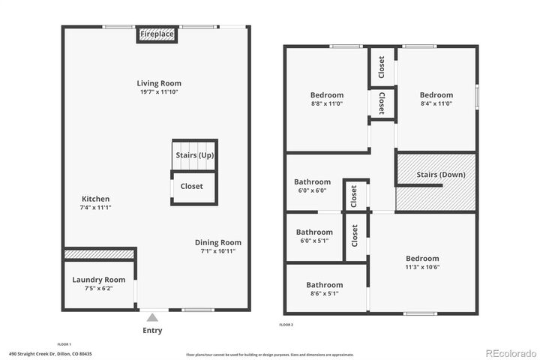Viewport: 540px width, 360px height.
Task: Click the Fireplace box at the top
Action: tap(157, 34)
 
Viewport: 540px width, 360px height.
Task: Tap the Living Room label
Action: tap(158, 83)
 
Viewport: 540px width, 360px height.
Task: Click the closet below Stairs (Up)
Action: tap(191, 186)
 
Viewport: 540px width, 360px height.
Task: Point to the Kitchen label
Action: tap(95, 199)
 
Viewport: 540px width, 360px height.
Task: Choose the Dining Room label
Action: tap(217, 242)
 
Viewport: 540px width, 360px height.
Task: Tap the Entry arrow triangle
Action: tap(152, 317)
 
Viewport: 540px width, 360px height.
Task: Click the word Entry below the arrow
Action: tap(152, 330)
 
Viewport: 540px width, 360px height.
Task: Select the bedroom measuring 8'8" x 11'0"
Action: tap(327, 95)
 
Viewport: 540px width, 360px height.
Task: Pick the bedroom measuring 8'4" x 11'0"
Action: tap(436, 95)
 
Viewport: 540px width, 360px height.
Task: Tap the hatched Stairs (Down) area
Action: tap(436, 182)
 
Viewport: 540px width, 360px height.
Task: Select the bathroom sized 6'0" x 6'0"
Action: tap(312, 181)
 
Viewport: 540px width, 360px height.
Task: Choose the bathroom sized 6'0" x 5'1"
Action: tap(313, 232)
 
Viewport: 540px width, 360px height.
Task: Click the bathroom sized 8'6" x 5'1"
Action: tap(324, 285)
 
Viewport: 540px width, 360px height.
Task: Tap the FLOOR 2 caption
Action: tap(286, 325)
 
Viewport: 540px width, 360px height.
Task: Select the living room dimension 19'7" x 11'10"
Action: tap(158, 91)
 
